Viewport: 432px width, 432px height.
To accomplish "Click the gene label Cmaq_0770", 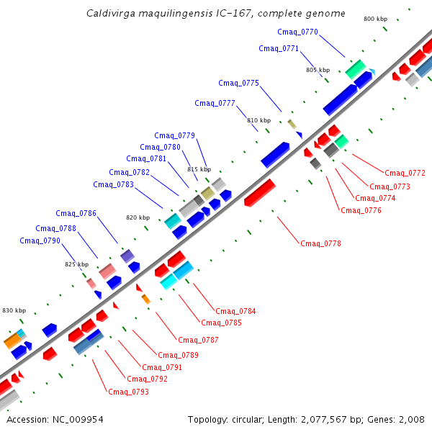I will click(x=297, y=32).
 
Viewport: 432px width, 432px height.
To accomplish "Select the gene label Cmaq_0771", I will click(x=279, y=48).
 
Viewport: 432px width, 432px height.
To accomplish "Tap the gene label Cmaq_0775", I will click(x=238, y=83).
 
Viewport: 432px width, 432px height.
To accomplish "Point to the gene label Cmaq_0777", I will click(x=215, y=103).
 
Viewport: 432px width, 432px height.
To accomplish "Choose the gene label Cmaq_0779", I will click(x=174, y=135).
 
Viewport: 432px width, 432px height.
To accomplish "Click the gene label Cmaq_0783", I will click(x=113, y=184).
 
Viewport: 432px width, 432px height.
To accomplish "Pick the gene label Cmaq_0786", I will click(x=76, y=213).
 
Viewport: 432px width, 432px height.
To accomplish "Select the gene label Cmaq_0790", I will click(x=40, y=240).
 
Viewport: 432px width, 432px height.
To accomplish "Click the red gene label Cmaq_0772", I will click(x=405, y=173).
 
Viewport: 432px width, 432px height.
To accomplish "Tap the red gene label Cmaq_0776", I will click(x=361, y=210).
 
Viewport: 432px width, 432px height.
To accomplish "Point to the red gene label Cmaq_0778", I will click(x=320, y=243).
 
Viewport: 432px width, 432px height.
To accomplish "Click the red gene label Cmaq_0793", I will click(x=128, y=392).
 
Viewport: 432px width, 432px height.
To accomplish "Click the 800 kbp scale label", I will click(x=375, y=19).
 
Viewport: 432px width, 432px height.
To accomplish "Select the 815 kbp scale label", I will click(x=199, y=169).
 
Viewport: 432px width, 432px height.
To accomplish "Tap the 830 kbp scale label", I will click(x=14, y=310).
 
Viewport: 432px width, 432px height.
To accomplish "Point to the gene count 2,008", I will click(x=413, y=419).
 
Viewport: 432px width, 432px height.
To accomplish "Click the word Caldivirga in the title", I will click(x=109, y=14).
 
